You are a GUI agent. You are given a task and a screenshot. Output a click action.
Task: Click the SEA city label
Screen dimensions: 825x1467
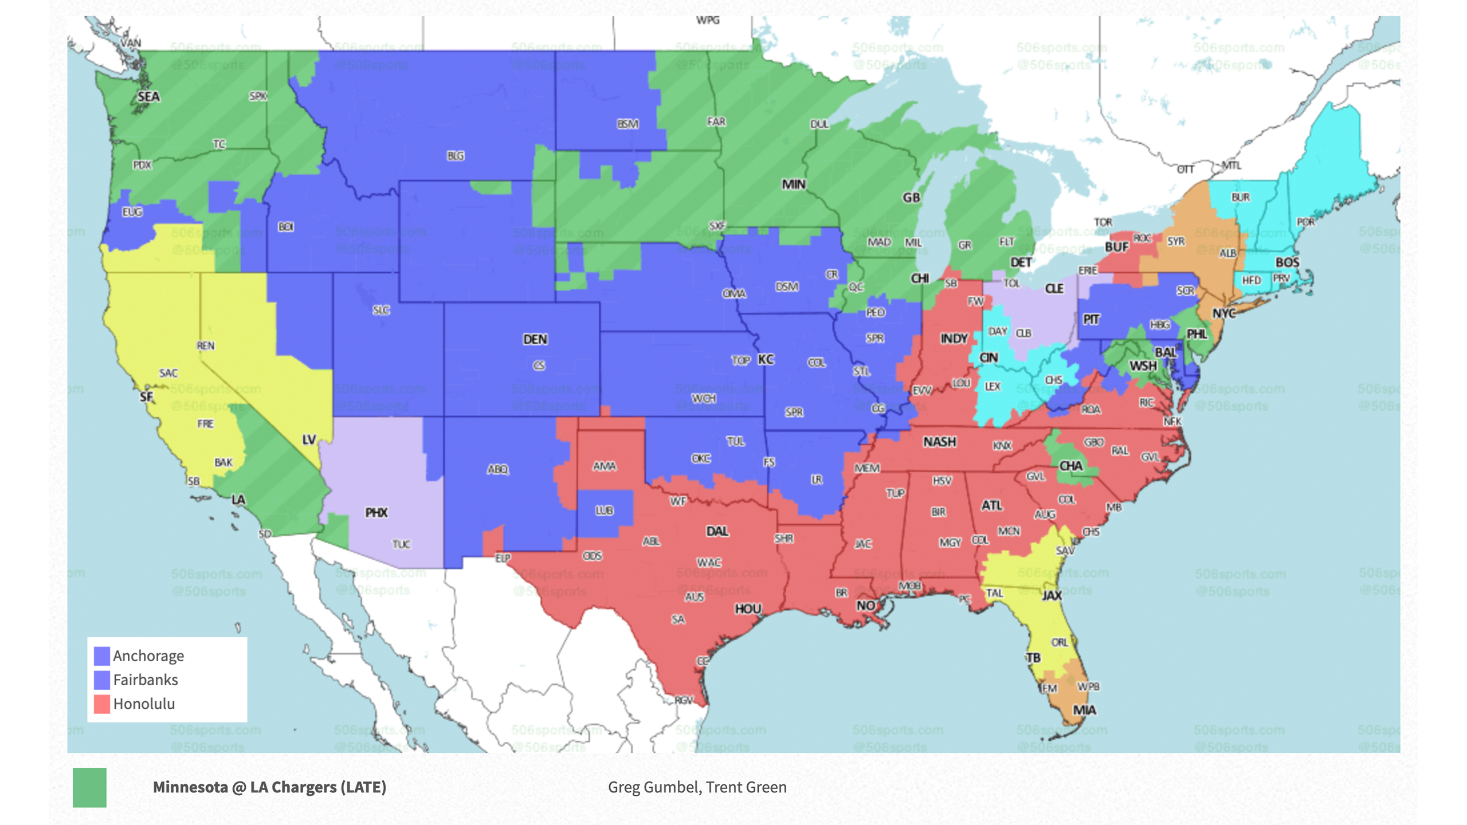(x=148, y=97)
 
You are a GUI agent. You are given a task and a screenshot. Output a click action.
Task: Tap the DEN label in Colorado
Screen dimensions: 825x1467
(x=535, y=340)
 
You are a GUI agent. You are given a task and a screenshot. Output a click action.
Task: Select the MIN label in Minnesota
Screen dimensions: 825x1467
(x=794, y=184)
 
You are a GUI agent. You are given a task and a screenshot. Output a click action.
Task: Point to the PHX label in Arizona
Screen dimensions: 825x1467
(x=376, y=513)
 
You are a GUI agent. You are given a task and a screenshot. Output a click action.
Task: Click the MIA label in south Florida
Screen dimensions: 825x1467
(x=1084, y=710)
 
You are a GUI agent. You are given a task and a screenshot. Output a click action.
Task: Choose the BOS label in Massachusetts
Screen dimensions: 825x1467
(x=1287, y=262)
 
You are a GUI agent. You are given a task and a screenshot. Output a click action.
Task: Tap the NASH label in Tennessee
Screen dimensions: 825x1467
(x=939, y=442)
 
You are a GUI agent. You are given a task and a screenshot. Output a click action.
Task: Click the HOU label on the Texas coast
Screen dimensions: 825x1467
(x=748, y=609)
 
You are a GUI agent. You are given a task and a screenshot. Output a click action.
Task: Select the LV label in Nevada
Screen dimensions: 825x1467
(x=309, y=439)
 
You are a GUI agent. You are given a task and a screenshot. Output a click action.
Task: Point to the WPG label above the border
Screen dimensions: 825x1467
(x=708, y=20)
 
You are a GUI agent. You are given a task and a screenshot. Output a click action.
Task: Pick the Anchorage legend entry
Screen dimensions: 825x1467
(x=148, y=655)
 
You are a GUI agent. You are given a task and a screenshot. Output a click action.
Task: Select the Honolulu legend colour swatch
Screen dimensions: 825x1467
(x=102, y=704)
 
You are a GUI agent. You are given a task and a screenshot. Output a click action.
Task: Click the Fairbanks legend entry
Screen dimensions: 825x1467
(x=146, y=679)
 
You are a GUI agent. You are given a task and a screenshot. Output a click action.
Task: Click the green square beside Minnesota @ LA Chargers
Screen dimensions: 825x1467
(x=89, y=788)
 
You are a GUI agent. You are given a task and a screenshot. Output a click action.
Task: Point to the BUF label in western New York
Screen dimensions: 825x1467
(x=1116, y=247)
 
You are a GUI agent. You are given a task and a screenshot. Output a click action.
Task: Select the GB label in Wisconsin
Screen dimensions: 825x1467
(x=911, y=198)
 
